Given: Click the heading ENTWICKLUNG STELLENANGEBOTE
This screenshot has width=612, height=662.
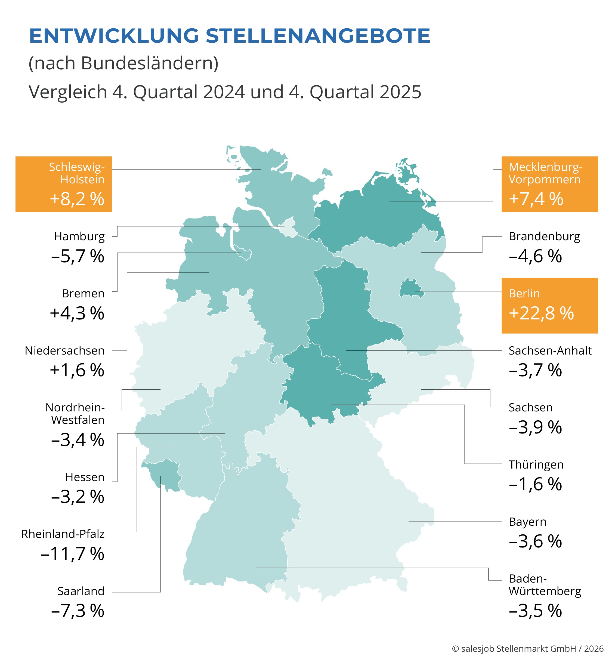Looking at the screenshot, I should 230,36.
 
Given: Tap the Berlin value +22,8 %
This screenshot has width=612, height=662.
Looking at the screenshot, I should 541,313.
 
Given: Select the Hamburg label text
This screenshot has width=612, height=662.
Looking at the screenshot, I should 79,236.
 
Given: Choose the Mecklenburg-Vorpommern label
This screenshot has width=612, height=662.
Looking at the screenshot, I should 545,173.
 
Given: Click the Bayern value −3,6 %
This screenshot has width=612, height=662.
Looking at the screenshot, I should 535,541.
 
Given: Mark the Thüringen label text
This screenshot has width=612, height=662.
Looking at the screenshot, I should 536,464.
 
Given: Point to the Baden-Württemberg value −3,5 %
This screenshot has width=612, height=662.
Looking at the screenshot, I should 535,611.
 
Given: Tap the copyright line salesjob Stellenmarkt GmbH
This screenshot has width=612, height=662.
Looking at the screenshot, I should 528,648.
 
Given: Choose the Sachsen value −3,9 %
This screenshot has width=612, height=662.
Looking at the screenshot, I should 535,427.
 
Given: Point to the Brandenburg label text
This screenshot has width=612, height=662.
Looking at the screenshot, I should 544,236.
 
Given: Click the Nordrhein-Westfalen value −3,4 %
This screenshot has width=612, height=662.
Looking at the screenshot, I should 78,440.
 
